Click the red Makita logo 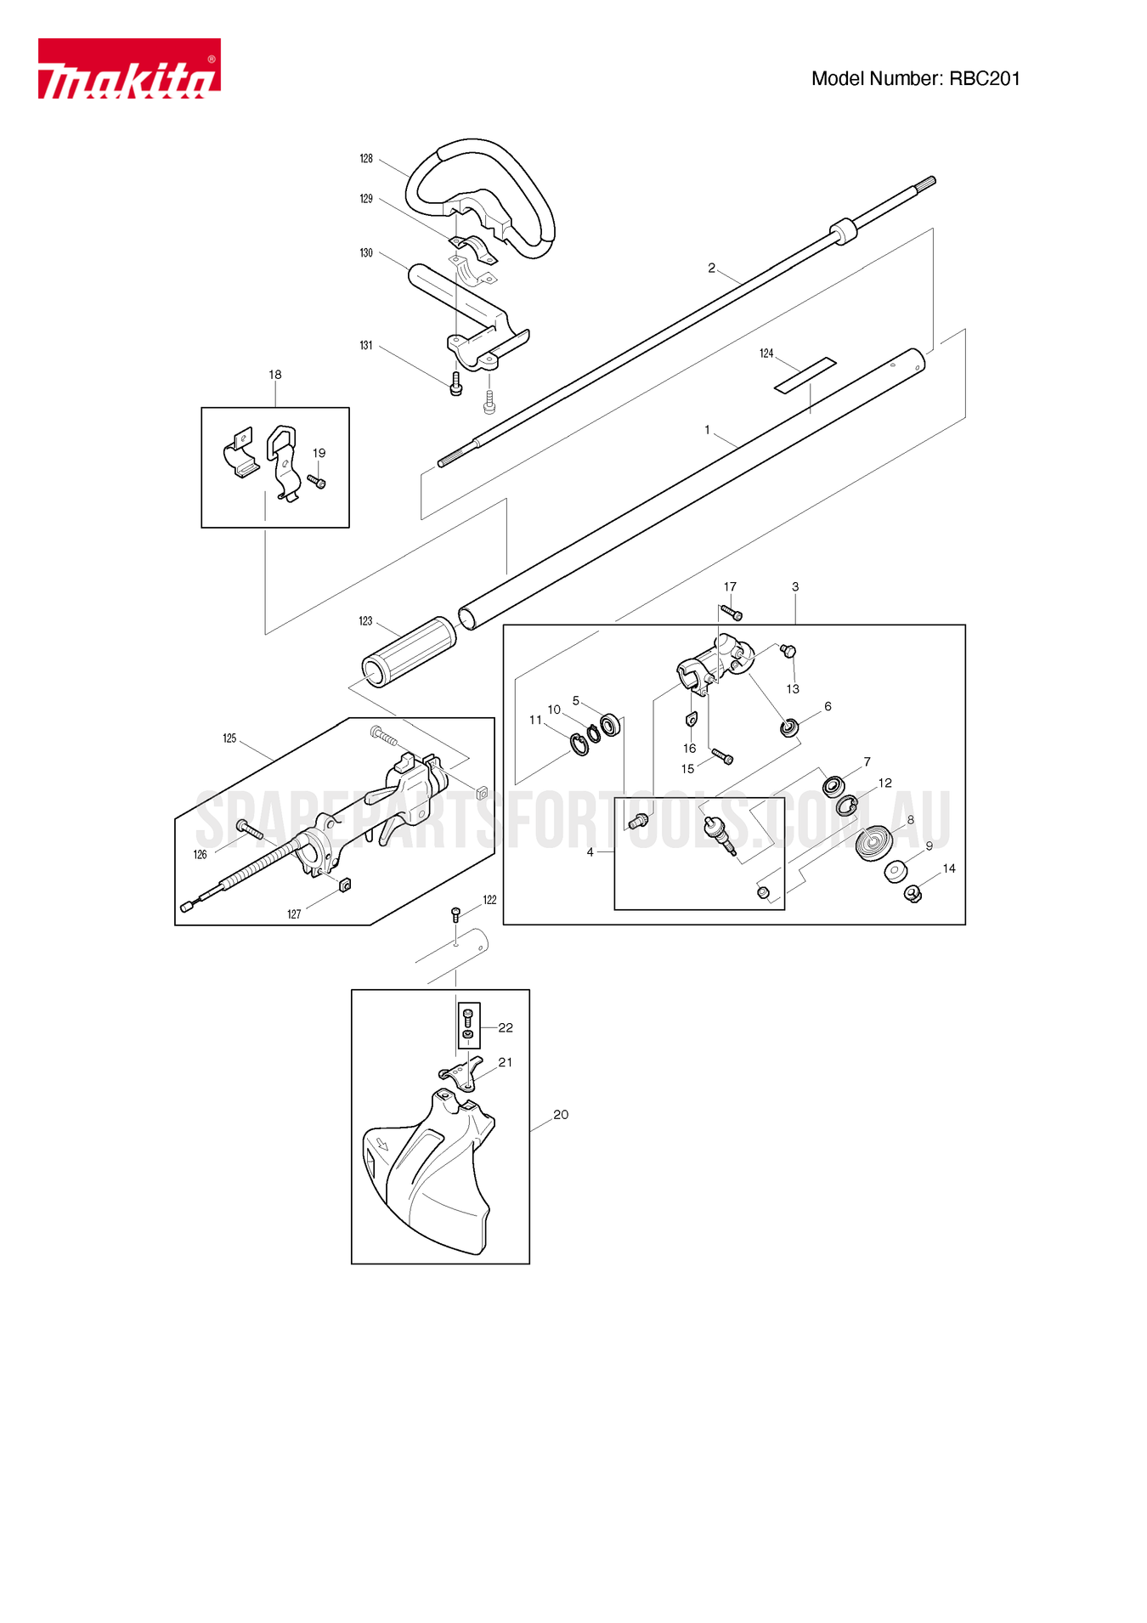[x=129, y=69]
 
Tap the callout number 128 [x=366, y=159]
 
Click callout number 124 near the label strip [x=766, y=353]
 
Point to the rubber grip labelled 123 [x=410, y=650]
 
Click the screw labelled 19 [x=317, y=482]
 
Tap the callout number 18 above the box [x=275, y=375]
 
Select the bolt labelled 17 [x=732, y=613]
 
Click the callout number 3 [x=795, y=587]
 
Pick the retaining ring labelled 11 [x=579, y=745]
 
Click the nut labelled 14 [x=913, y=893]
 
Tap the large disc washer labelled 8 [x=873, y=843]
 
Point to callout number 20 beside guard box [x=561, y=1115]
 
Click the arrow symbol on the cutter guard [x=382, y=1144]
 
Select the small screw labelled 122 [x=455, y=914]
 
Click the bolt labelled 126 [x=251, y=830]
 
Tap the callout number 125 [x=229, y=738]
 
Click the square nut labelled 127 [x=345, y=885]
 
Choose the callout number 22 [x=506, y=1028]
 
